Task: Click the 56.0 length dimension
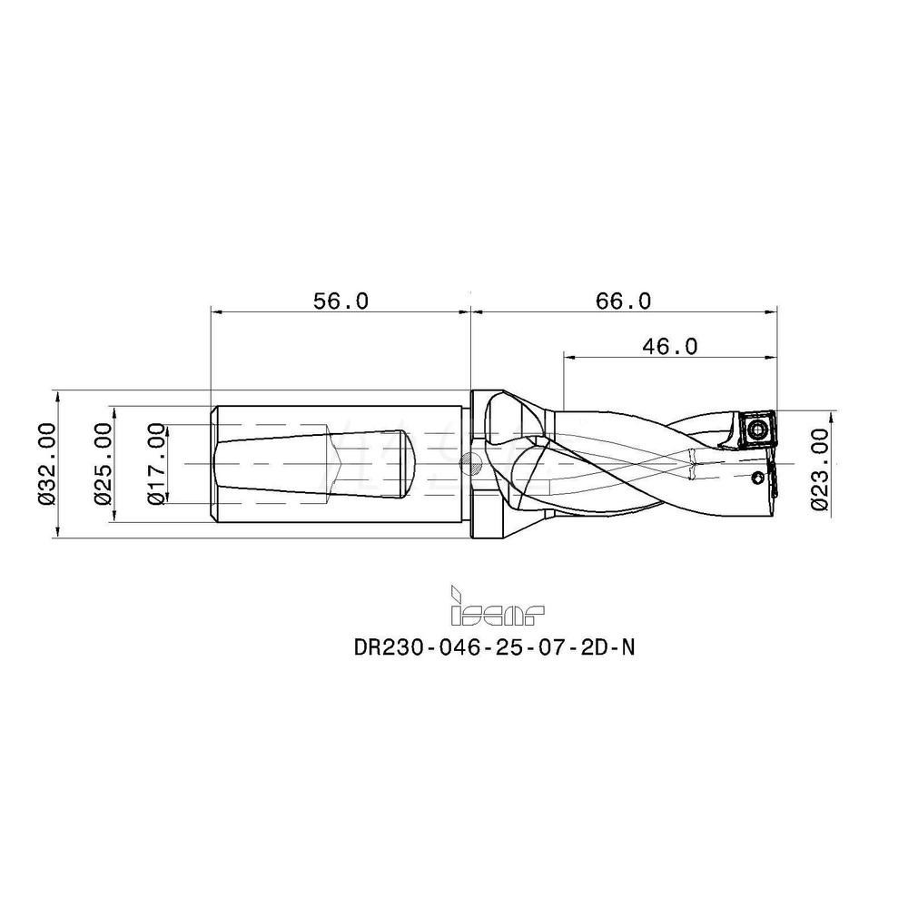pos(340,301)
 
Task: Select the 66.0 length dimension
pos(624,301)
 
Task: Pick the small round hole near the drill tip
pos(759,478)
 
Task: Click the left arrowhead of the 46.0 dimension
pos(568,357)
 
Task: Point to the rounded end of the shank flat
pos(410,463)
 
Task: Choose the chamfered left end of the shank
pos(212,464)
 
